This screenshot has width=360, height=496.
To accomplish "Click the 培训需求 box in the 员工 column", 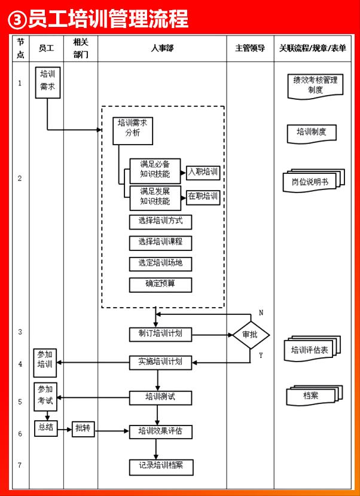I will point(47,82).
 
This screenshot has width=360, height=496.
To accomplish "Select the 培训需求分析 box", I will point(133,128).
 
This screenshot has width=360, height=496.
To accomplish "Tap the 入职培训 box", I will point(203,173).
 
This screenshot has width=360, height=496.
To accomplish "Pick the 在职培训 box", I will point(203,197).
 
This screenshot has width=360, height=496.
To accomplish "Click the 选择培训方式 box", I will point(160,222).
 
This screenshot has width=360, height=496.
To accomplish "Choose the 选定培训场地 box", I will point(160,264).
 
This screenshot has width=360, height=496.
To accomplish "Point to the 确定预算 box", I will point(160,284).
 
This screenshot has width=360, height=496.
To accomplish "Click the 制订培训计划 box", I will point(160,335).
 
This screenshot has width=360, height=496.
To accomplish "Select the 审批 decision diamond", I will point(251,335).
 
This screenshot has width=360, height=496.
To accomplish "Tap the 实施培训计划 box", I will point(160,362).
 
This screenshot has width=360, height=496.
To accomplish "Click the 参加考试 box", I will point(45,396).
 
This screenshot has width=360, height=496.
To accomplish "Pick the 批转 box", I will point(83,428).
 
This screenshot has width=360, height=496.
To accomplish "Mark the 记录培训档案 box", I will point(160,465).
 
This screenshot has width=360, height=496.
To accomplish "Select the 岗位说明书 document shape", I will point(313,180).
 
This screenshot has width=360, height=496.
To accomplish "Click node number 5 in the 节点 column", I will point(20,402).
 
